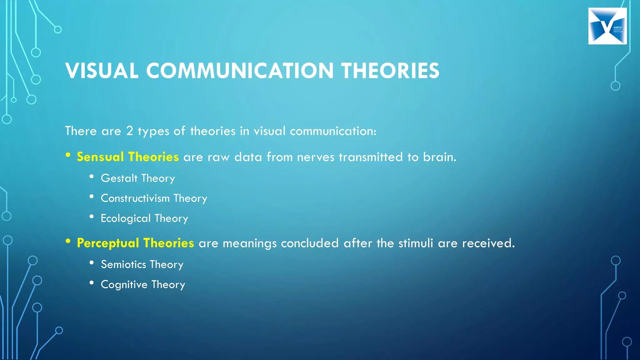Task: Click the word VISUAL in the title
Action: [102, 71]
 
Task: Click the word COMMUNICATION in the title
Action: [240, 71]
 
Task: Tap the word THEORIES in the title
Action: [390, 71]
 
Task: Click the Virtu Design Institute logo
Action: [607, 26]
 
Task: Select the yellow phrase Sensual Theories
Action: [127, 157]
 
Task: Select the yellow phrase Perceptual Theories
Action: [135, 243]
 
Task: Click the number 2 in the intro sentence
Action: [129, 131]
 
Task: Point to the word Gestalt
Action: [119, 178]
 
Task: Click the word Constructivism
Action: [135, 198]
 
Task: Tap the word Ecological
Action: [126, 218]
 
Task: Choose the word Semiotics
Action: [123, 265]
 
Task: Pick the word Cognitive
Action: [124, 285]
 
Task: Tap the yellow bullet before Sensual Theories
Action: [68, 155]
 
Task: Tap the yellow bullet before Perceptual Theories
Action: [68, 241]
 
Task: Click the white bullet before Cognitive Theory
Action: [92, 283]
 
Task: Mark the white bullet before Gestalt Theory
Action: [92, 177]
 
